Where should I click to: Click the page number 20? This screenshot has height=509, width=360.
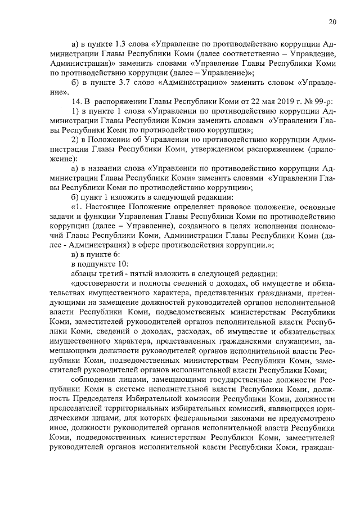[x=332, y=22]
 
